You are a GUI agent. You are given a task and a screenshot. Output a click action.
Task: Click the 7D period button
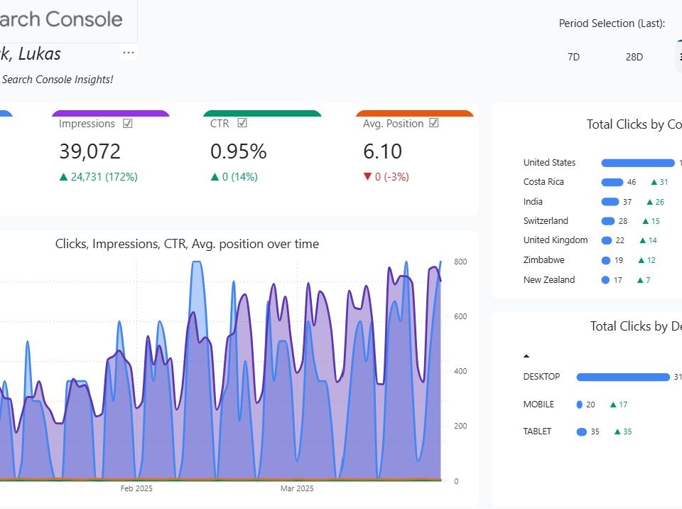click(x=573, y=57)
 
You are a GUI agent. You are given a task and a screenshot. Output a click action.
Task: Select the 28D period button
click(x=634, y=57)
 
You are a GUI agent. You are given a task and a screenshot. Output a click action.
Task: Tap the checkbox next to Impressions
click(x=128, y=123)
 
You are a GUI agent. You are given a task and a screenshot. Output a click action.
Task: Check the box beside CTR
click(x=242, y=123)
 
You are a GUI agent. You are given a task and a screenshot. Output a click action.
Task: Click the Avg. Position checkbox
click(x=434, y=123)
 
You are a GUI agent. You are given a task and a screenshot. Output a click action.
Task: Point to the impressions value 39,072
click(x=90, y=151)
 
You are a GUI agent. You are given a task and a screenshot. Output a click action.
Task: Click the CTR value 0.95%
click(x=238, y=151)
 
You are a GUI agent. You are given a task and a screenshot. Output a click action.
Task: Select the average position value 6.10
click(x=382, y=151)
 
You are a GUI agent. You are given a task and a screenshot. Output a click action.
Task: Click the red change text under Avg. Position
click(x=386, y=177)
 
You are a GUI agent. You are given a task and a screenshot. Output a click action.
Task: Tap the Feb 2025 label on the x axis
click(x=136, y=488)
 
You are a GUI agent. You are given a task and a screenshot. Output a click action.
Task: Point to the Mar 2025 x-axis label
click(x=297, y=488)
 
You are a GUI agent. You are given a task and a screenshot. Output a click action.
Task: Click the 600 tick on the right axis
click(x=460, y=316)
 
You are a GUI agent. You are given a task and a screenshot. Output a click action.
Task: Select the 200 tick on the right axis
click(x=460, y=426)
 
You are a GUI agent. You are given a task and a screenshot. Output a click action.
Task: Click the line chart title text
click(x=187, y=244)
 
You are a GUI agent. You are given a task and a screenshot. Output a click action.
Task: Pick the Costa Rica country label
click(x=543, y=182)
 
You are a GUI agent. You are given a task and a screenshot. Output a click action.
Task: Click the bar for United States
click(x=637, y=163)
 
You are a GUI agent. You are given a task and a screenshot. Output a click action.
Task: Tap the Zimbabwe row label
click(x=543, y=260)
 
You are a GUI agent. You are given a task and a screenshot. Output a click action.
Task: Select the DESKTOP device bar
click(x=622, y=377)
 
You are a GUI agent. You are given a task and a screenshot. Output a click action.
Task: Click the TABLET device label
click(x=538, y=432)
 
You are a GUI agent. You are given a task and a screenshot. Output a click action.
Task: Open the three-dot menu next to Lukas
click(x=129, y=53)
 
